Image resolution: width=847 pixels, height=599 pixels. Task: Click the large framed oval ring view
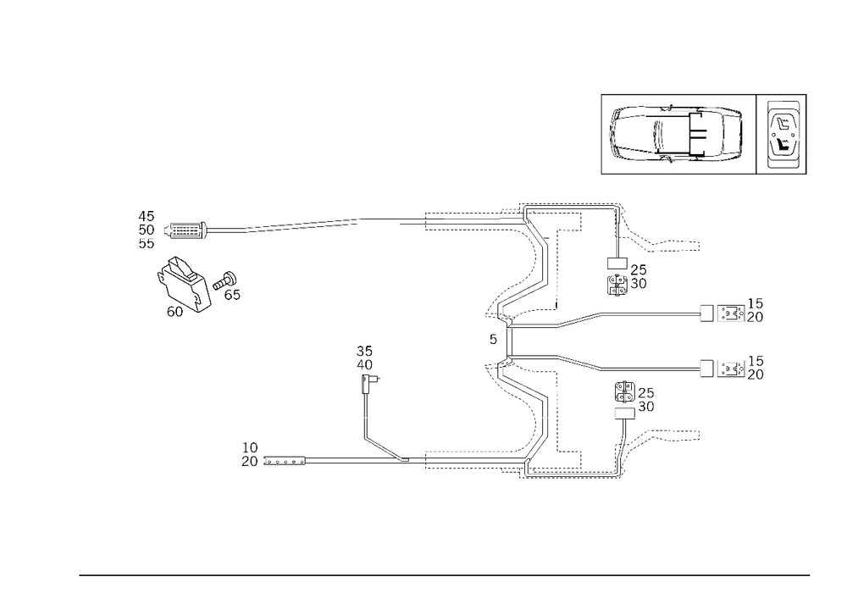click(x=678, y=134)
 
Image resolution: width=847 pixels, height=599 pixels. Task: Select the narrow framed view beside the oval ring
click(x=780, y=134)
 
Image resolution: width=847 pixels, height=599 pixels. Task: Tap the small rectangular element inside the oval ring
click(x=664, y=131)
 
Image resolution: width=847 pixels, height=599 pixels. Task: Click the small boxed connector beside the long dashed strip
click(x=187, y=230)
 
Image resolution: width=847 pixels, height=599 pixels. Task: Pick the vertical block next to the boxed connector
click(x=147, y=230)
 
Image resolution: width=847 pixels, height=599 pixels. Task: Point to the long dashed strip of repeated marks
click(x=302, y=225)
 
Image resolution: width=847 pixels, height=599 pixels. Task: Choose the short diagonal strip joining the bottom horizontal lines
click(x=385, y=448)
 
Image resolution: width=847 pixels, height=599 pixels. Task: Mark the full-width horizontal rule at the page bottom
click(x=445, y=574)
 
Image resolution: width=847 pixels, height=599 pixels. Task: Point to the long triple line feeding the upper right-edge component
click(x=648, y=313)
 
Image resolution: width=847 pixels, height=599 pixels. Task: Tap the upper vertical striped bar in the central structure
click(x=556, y=271)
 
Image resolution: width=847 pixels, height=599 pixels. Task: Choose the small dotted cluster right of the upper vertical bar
click(x=627, y=278)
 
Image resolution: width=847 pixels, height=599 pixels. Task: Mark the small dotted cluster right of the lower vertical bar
click(x=634, y=397)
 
